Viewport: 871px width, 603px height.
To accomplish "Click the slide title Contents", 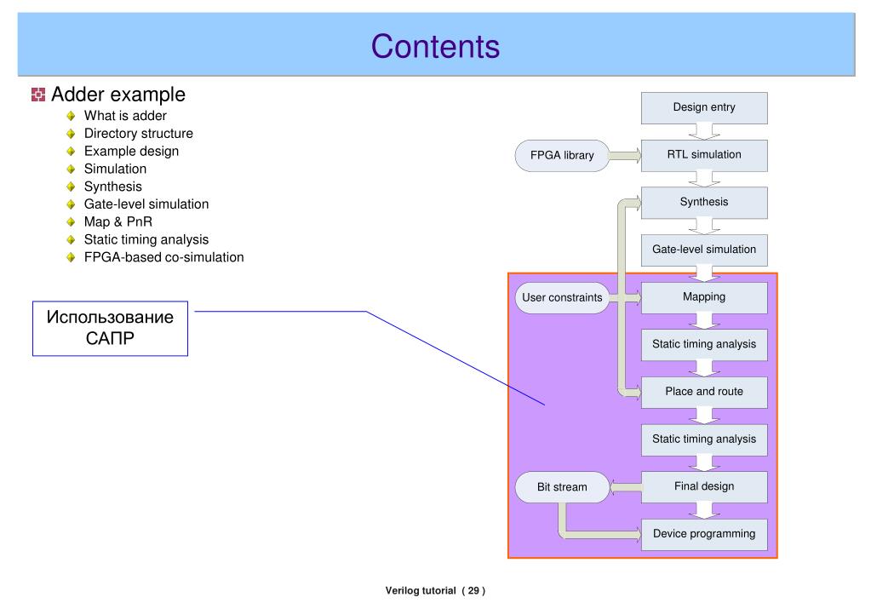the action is (435, 46).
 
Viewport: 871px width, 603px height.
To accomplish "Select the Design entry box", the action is (704, 108).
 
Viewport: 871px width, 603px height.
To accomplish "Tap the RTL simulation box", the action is (704, 155).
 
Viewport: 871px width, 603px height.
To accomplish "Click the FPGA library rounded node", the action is (562, 156).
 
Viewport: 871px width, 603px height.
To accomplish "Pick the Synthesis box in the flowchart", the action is (704, 203).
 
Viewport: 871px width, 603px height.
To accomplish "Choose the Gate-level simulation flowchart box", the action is (704, 250).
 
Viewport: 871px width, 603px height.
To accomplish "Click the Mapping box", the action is (704, 297).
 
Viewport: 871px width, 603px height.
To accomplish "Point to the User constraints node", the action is (562, 298).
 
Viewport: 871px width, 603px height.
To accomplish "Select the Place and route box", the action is (704, 392).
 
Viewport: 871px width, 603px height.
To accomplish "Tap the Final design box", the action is (704, 487).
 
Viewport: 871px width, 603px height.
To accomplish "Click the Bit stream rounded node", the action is (562, 487).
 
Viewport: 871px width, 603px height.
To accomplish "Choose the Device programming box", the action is (704, 534).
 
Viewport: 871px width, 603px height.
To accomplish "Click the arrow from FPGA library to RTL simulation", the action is (626, 156).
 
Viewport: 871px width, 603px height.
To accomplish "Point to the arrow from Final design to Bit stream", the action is (626, 487).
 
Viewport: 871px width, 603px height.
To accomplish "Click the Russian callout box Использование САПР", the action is (110, 329).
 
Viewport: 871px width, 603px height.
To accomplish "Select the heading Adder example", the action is (118, 95).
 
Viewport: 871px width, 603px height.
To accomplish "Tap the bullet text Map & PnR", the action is (118, 221).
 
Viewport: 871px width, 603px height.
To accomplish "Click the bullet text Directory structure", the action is (139, 134).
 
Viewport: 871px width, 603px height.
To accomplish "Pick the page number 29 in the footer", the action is (473, 591).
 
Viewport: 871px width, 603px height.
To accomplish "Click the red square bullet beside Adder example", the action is (38, 95).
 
